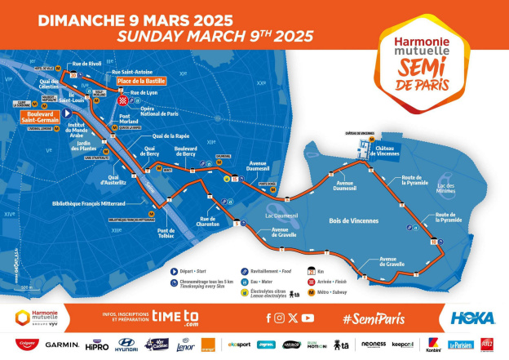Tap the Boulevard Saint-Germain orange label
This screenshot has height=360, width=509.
point(38,118)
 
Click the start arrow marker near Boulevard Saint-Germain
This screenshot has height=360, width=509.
point(66,113)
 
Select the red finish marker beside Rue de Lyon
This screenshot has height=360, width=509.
point(122,101)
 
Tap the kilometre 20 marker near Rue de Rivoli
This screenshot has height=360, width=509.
point(73,76)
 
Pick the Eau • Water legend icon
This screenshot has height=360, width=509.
point(243,282)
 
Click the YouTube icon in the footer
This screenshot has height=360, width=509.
point(308,317)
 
